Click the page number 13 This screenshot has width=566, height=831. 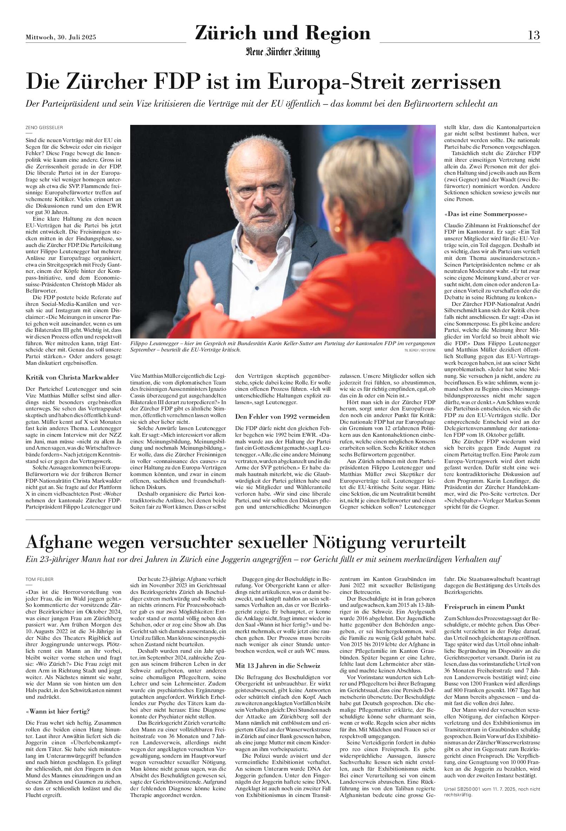(534, 35)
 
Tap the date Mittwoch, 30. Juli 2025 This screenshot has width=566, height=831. (61, 37)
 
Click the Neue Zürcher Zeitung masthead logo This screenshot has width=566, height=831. (282, 52)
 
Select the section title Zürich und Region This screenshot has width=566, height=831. (282, 33)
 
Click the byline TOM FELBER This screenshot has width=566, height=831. (40, 579)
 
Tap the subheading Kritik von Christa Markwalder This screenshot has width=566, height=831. (72, 377)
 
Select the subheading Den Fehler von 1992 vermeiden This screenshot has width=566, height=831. (282, 417)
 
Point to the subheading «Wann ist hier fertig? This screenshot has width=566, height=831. (58, 701)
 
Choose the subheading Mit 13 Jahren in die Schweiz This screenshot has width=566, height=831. (277, 665)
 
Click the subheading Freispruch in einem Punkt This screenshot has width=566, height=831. (485, 607)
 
